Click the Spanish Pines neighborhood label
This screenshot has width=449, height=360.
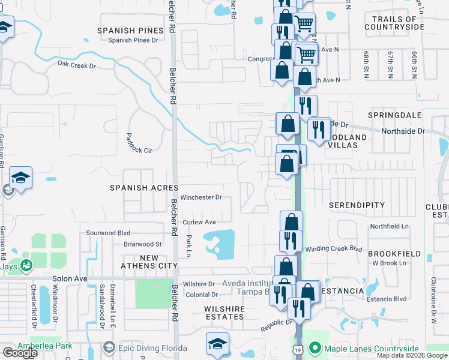coord(131,30)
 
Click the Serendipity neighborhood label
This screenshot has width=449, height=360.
coord(357,205)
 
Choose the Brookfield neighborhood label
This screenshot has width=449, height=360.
coord(394,254)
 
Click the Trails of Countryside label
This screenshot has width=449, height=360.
coord(394,23)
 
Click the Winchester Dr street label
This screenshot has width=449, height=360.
coord(202,197)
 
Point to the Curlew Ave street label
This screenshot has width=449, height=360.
coord(199,222)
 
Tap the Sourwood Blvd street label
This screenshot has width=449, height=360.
coord(108,233)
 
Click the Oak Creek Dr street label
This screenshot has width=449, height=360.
coord(76,63)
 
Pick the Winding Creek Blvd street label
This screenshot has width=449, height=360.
coord(334,248)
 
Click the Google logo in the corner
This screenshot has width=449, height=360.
coord(20,352)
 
